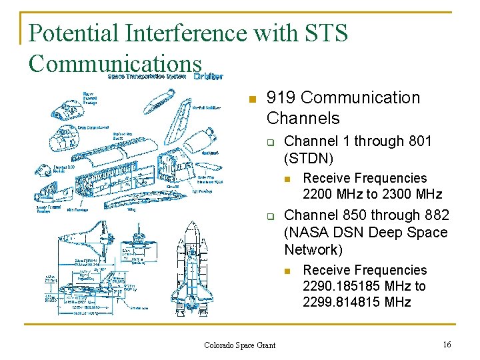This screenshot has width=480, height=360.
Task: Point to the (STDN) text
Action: pos(309,159)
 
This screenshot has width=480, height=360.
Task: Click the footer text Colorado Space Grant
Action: pos(239,345)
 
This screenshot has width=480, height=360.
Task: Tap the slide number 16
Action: pos(447,344)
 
